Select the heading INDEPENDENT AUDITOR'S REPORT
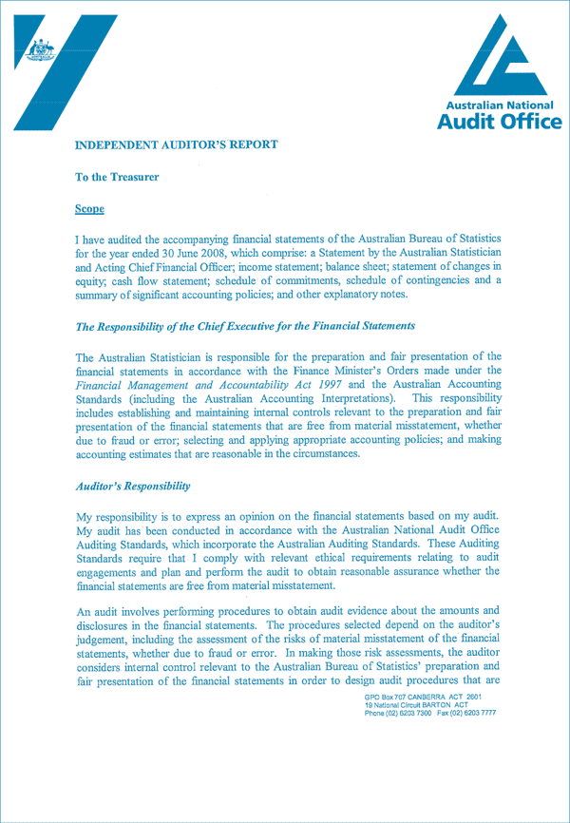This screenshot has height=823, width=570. (177, 145)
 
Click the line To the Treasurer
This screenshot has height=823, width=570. (117, 177)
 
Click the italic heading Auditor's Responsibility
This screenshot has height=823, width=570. (132, 486)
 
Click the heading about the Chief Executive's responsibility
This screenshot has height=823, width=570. (244, 326)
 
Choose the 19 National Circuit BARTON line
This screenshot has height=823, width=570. (414, 706)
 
